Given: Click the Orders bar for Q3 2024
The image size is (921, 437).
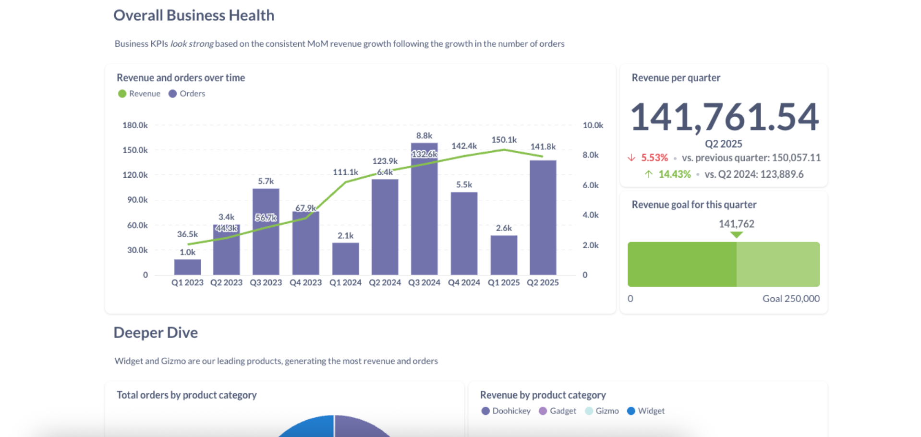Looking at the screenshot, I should point(424,216).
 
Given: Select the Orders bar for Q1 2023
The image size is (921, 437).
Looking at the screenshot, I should point(187,267).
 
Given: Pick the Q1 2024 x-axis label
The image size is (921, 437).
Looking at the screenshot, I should point(345,282).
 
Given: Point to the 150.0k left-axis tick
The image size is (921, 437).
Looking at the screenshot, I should point(135,150).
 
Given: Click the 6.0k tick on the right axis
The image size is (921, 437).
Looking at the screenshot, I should point(590,185).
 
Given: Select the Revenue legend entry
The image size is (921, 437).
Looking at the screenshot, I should point(139,94).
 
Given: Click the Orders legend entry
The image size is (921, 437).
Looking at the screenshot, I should point(187,94).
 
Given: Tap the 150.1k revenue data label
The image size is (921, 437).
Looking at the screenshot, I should point(504,140).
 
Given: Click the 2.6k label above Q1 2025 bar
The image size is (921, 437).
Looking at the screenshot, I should point(504,228).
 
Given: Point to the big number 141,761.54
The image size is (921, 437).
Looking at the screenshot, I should point(724,117).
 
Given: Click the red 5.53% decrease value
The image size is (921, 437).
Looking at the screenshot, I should point(654,158).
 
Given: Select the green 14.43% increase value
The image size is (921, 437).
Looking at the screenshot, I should point(674,174).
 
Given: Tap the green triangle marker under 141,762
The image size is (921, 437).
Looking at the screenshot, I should point(736,235).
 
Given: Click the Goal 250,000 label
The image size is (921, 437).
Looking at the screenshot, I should point(790,298).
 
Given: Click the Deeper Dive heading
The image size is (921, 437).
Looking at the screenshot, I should point(156,332).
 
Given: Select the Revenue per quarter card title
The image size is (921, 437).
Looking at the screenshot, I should point(676,78).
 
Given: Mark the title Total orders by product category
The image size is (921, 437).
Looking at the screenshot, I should point(187,395).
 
